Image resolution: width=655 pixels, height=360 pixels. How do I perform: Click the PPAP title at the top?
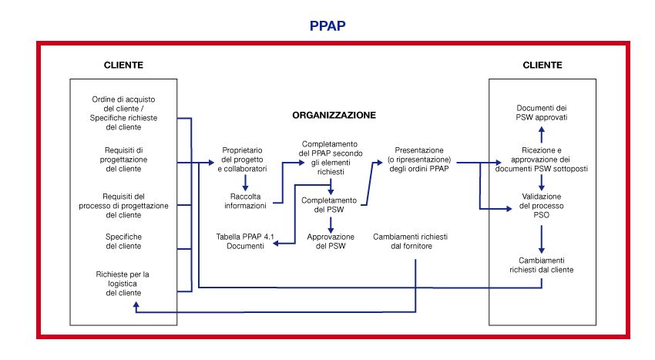click(x=327, y=25)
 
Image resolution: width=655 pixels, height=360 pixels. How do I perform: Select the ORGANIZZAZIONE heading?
click(x=334, y=115)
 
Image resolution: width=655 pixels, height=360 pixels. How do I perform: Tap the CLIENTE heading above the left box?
click(x=124, y=65)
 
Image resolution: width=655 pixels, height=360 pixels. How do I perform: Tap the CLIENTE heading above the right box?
click(x=542, y=65)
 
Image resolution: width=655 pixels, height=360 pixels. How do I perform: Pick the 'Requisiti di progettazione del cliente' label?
click(x=124, y=159)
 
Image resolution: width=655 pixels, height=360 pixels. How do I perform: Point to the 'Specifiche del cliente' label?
click(x=124, y=241)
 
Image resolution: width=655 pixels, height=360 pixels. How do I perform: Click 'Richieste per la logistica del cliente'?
click(x=124, y=283)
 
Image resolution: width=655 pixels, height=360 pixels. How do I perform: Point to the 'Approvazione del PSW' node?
click(x=331, y=241)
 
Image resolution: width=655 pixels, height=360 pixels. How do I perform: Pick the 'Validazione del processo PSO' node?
click(x=542, y=206)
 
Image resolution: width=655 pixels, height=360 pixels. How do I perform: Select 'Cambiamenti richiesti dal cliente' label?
click(x=542, y=265)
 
